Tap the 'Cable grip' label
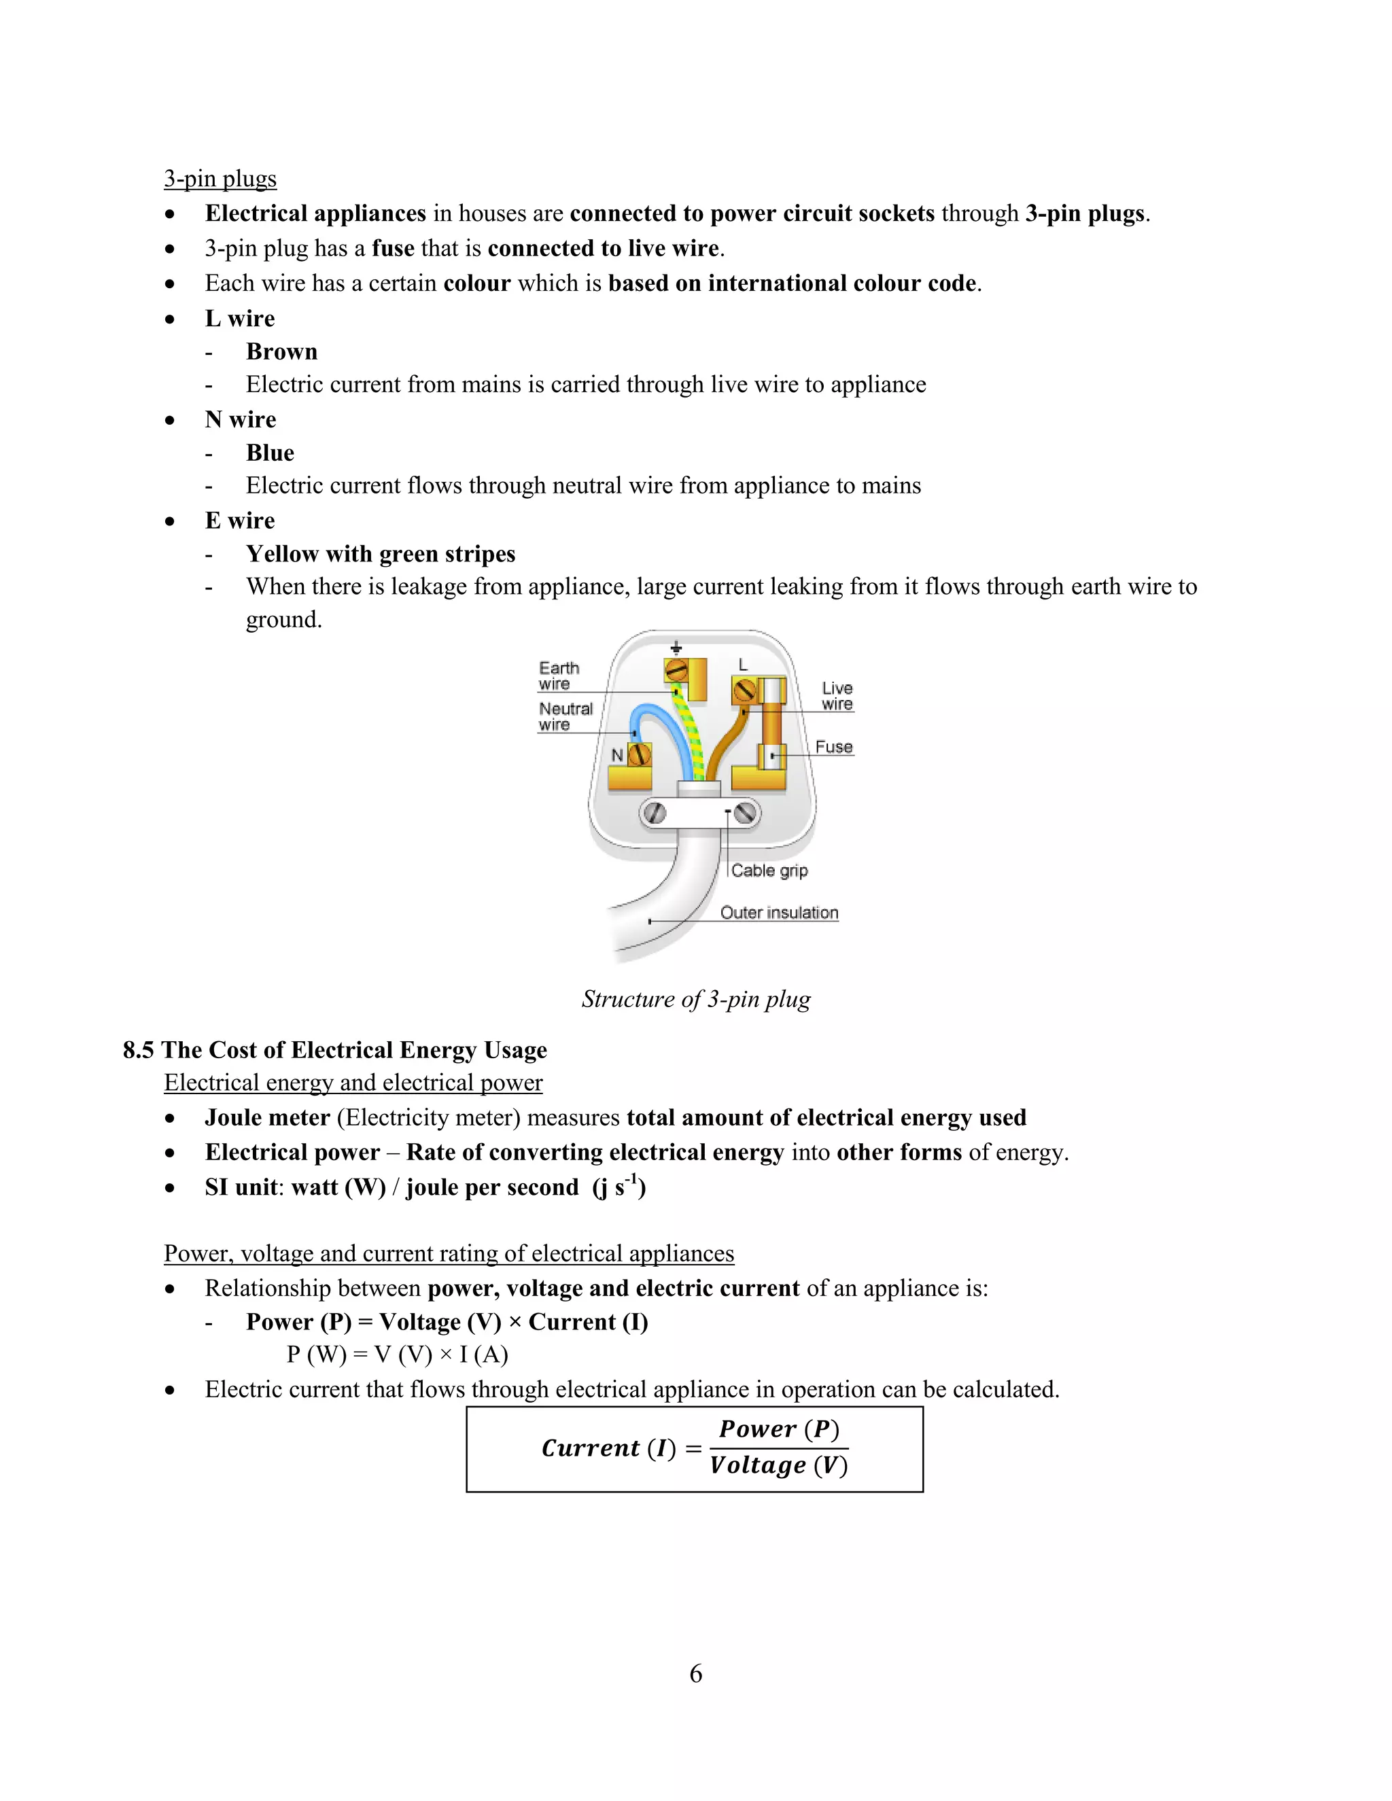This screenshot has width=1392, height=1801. pyautogui.click(x=769, y=871)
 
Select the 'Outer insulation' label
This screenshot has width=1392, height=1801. pyautogui.click(x=778, y=913)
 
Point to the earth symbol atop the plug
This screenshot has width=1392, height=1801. pyautogui.click(x=676, y=647)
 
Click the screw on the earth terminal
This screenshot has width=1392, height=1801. pyautogui.click(x=677, y=670)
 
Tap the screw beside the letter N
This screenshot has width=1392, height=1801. pyautogui.click(x=640, y=754)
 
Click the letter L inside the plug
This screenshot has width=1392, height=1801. pyautogui.click(x=743, y=665)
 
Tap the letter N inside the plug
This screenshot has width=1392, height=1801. pyautogui.click(x=617, y=754)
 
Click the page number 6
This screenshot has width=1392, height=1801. pyautogui.click(x=696, y=1673)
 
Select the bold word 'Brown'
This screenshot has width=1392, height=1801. pyautogui.click(x=281, y=352)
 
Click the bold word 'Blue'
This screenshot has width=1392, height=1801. pyautogui.click(x=270, y=453)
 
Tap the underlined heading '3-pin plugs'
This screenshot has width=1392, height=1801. pyautogui.click(x=220, y=179)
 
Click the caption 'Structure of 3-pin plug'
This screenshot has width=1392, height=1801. pyautogui.click(x=696, y=1000)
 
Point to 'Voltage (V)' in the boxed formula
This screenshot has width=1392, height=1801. pyautogui.click(x=778, y=1465)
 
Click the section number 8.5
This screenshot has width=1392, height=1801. pyautogui.click(x=139, y=1050)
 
